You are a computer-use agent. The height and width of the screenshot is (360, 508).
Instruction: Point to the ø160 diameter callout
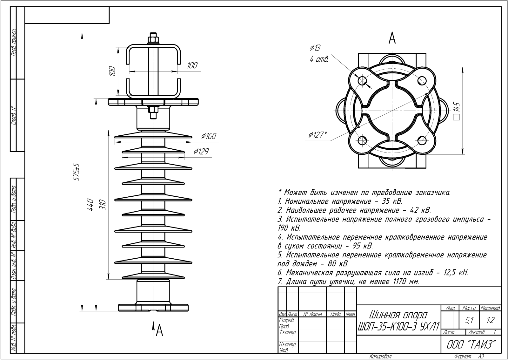[x=209, y=136]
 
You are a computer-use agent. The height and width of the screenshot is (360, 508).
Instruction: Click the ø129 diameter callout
[x=201, y=151]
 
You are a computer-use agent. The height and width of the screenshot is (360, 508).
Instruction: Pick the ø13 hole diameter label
[x=315, y=48]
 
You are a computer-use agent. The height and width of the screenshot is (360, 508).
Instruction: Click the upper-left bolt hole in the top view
[x=362, y=81]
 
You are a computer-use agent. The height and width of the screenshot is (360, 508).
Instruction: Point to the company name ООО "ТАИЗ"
[x=471, y=344]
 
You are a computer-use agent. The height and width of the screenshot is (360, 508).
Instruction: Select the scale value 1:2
[x=490, y=321]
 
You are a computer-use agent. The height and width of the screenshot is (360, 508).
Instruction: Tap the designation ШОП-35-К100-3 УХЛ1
[x=398, y=326]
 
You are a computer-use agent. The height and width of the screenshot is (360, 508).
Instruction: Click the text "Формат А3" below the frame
[x=469, y=357]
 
